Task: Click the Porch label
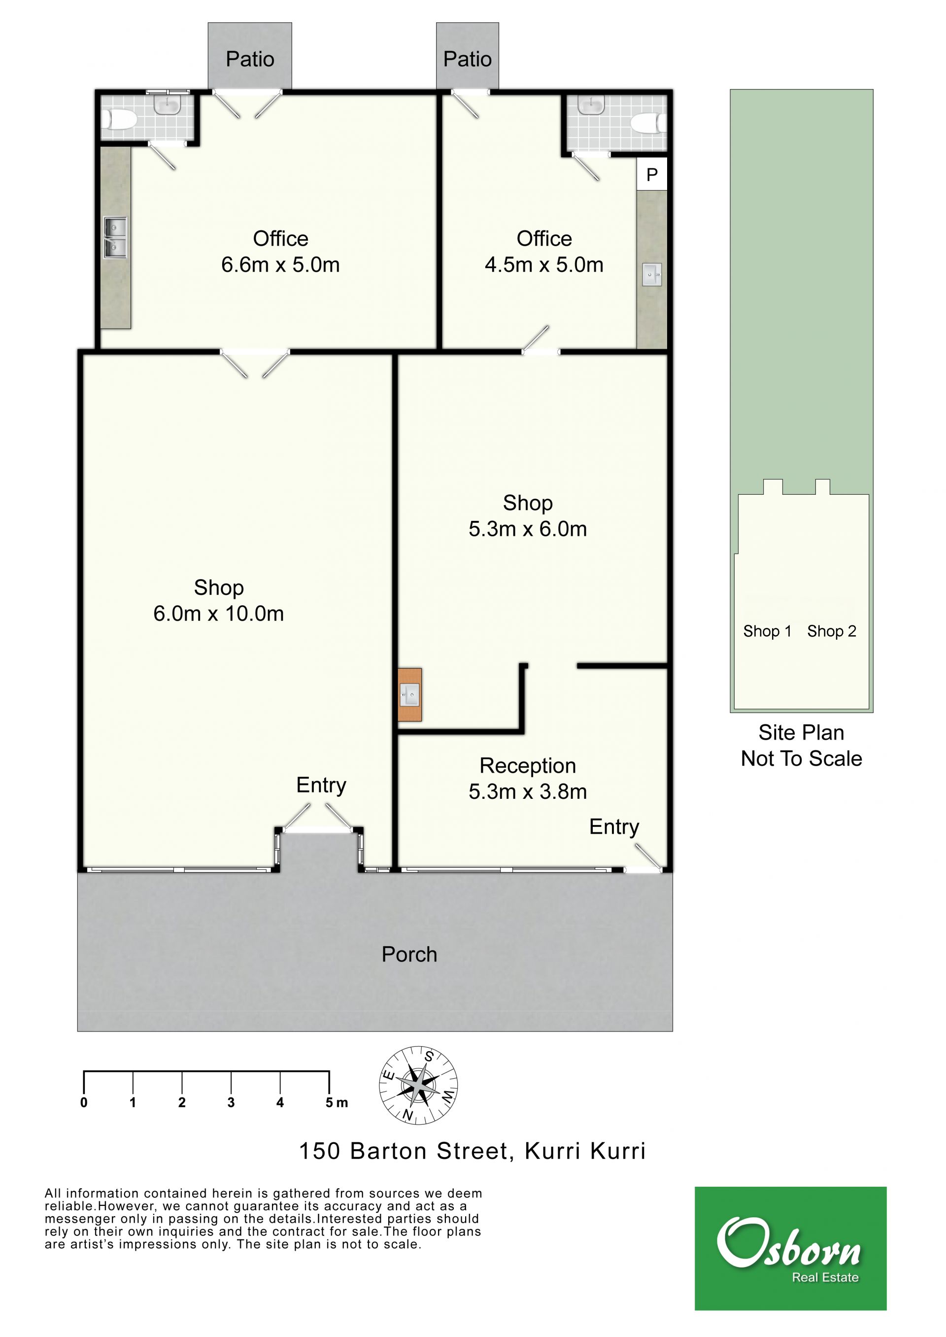409,954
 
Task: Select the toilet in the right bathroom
649,124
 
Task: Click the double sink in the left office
115,238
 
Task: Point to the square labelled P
652,174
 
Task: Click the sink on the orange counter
410,694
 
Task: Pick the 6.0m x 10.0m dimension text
218,614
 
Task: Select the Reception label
528,765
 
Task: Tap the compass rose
418,1085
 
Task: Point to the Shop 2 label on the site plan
831,631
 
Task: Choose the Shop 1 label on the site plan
767,631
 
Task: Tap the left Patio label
250,59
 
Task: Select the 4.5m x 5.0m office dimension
544,265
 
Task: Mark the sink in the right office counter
652,274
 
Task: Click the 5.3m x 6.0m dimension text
528,529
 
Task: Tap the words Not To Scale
801,758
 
